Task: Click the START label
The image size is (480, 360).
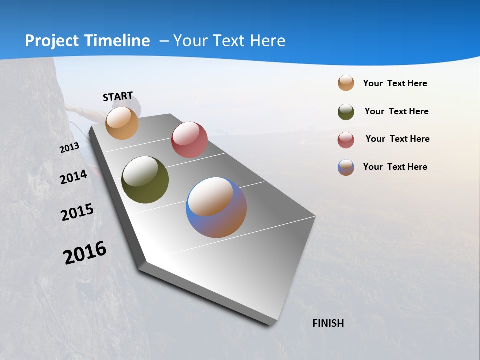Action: point(118,96)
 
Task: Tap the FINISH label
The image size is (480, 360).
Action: point(328,323)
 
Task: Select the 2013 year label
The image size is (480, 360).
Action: point(69,148)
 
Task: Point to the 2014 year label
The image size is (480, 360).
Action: point(73,177)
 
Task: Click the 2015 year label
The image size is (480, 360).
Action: point(77,212)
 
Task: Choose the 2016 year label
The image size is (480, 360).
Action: point(85,253)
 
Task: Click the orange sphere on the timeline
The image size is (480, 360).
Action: point(122,123)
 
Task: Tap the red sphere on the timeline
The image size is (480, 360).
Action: point(189,140)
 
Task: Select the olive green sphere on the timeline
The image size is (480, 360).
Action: point(145,180)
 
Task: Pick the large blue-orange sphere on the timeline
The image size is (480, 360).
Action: point(216,207)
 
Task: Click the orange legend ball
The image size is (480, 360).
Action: point(346,83)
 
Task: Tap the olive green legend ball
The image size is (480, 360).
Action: point(346,112)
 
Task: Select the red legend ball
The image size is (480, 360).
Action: point(346,140)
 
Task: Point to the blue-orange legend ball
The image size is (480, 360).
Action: point(346,167)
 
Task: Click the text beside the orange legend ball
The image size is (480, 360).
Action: point(395,83)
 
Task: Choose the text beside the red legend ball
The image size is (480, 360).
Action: point(397,139)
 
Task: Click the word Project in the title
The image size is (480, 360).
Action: point(51,41)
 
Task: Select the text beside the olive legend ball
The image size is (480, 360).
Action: point(396,111)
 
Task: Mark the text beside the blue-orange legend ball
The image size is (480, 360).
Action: point(395,167)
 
